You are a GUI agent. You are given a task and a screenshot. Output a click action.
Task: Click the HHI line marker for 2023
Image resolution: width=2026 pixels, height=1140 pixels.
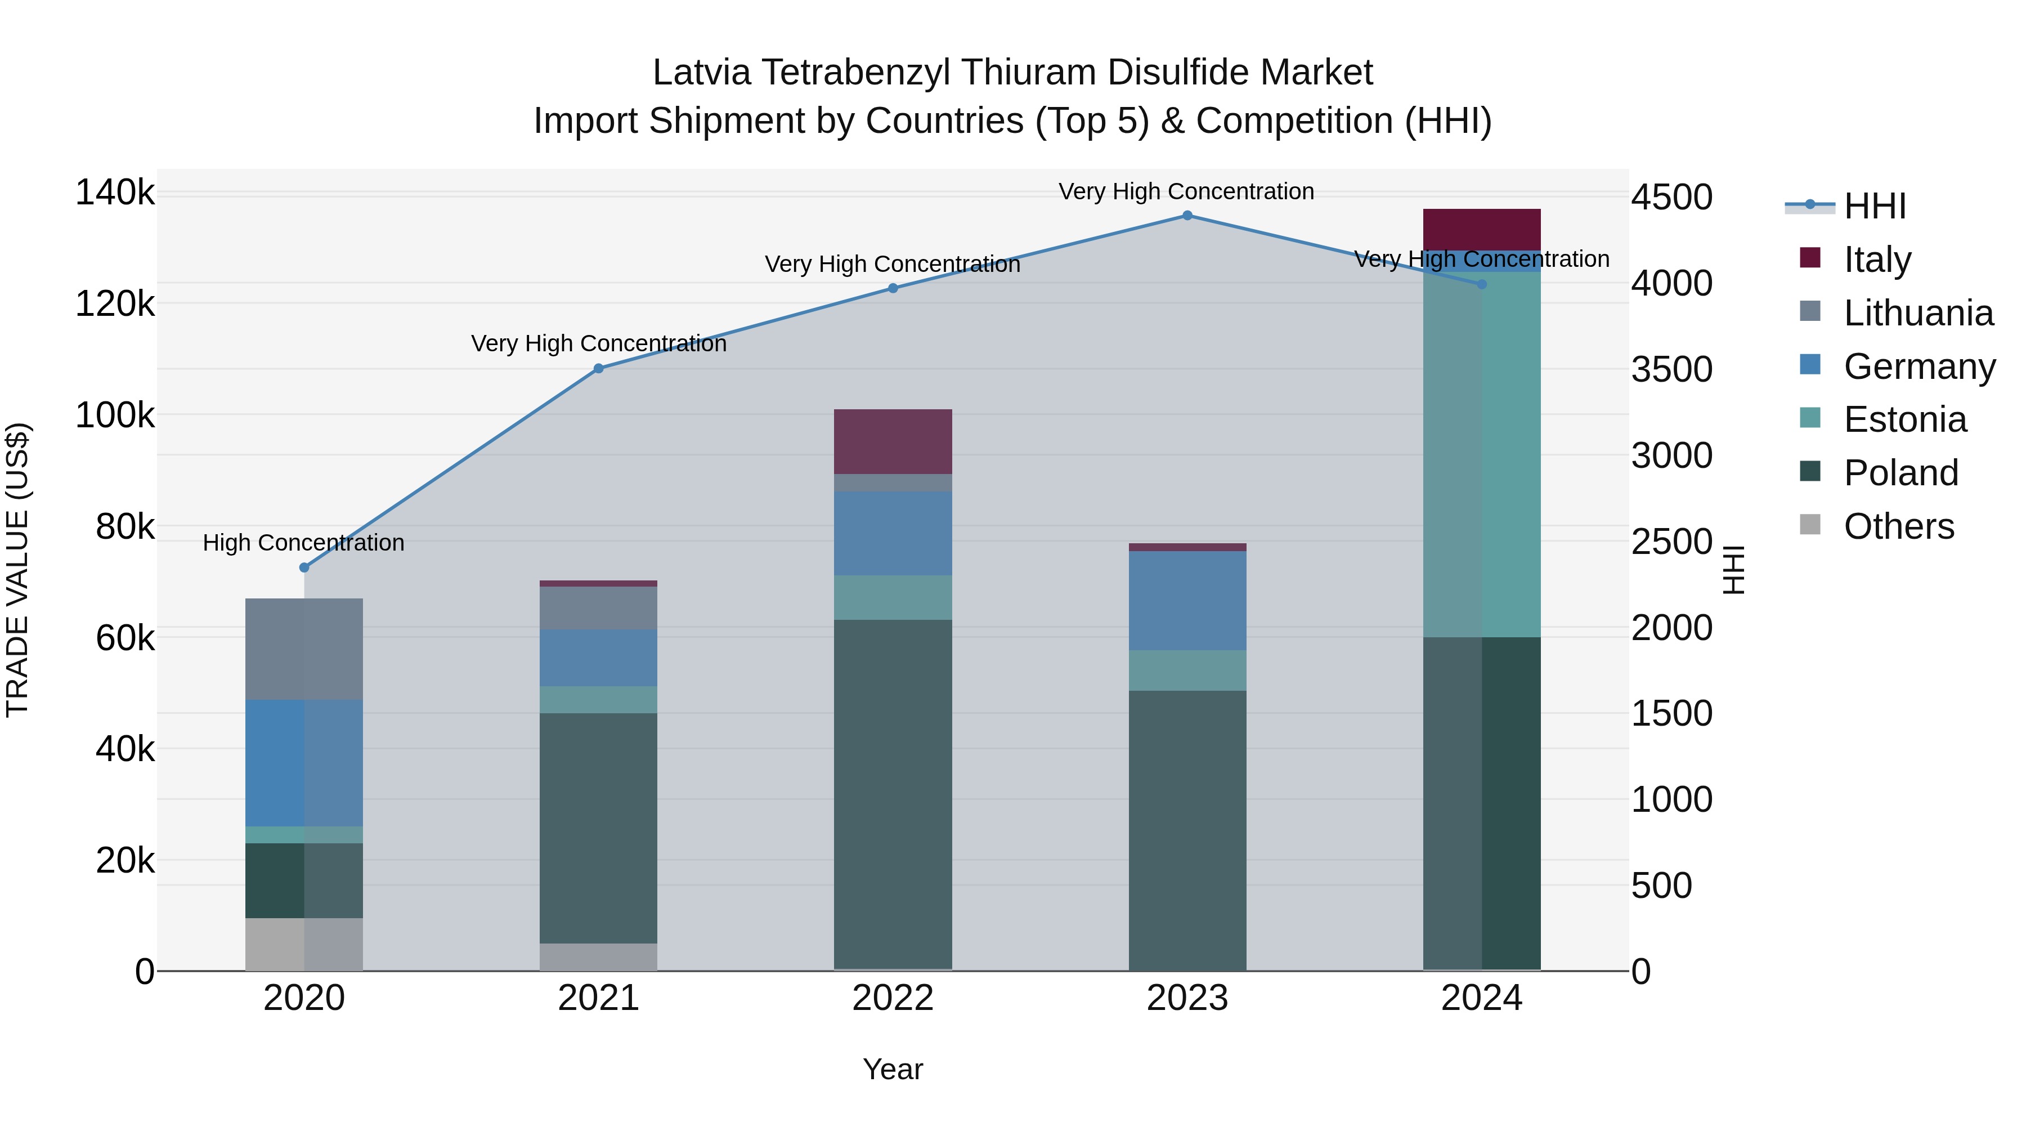pyautogui.click(x=1187, y=216)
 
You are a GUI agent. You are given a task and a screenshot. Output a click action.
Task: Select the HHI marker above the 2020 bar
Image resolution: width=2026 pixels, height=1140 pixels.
pyautogui.click(x=304, y=567)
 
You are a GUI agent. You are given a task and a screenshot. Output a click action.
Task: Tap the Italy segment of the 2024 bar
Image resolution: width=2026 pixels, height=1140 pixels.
pyautogui.click(x=1482, y=229)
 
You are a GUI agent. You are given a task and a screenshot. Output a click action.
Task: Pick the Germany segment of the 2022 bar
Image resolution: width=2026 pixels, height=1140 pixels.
pyautogui.click(x=893, y=534)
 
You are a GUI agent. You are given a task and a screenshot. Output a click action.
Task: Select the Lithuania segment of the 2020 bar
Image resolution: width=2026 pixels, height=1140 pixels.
pyautogui.click(x=304, y=649)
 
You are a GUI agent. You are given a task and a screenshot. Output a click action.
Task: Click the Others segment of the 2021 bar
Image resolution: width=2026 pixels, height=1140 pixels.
pyautogui.click(x=599, y=956)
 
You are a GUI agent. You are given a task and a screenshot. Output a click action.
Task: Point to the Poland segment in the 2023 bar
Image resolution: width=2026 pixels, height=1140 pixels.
pyautogui.click(x=1187, y=829)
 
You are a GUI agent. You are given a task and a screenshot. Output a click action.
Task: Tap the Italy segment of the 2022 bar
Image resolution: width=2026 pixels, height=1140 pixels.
pyautogui.click(x=893, y=441)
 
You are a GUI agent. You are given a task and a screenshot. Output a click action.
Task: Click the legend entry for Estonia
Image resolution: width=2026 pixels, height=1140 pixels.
pyautogui.click(x=1904, y=419)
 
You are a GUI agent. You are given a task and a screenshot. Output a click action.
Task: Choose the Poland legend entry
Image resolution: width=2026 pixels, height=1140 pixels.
pyautogui.click(x=1900, y=473)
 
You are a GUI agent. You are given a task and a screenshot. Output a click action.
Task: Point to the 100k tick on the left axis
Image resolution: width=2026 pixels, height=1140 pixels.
pyautogui.click(x=115, y=415)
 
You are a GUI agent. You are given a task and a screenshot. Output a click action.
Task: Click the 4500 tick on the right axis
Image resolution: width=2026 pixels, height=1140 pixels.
pyautogui.click(x=1671, y=198)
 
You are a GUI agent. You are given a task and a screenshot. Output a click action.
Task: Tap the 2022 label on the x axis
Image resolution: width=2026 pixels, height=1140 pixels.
pyautogui.click(x=893, y=998)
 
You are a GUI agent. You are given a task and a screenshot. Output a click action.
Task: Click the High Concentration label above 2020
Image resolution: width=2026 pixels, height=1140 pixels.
pyautogui.click(x=303, y=543)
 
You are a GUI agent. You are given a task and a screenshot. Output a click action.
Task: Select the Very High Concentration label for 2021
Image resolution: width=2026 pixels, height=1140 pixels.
pyautogui.click(x=599, y=344)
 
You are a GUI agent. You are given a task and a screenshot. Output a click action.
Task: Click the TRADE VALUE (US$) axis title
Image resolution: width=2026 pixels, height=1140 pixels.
pyautogui.click(x=17, y=570)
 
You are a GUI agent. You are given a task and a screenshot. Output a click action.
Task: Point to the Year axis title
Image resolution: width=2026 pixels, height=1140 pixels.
pyautogui.click(x=893, y=1069)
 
